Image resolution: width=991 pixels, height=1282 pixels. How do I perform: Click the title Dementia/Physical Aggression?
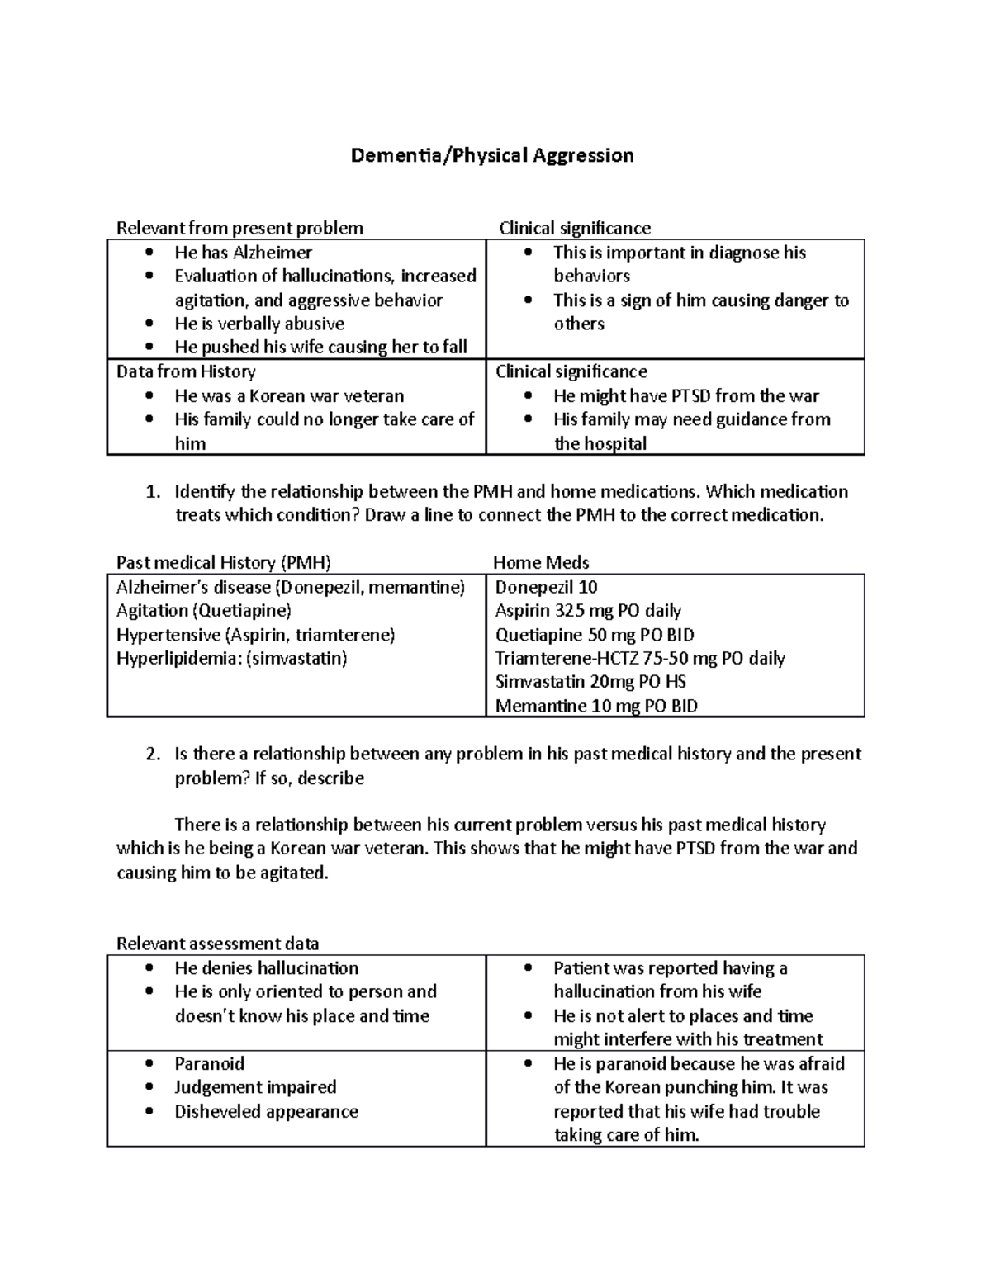pyautogui.click(x=492, y=155)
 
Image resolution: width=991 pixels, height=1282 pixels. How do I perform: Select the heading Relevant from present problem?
pyautogui.click(x=239, y=228)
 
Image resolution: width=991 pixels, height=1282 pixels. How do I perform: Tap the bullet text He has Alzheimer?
pyautogui.click(x=243, y=253)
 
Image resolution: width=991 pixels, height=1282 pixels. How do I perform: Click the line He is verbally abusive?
pyautogui.click(x=259, y=324)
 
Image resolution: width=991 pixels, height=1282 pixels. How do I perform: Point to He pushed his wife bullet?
pyautogui.click(x=320, y=348)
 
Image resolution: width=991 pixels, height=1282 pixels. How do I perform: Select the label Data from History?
pyautogui.click(x=186, y=371)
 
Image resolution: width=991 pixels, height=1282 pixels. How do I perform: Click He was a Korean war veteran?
pyautogui.click(x=289, y=395)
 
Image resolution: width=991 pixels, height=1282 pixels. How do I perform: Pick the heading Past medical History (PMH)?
pyautogui.click(x=224, y=563)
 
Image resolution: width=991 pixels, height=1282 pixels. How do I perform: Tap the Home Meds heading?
pyautogui.click(x=541, y=563)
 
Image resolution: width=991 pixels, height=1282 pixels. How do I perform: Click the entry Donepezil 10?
pyautogui.click(x=546, y=587)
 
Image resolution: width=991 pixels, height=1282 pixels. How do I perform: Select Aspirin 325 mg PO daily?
pyautogui.click(x=588, y=611)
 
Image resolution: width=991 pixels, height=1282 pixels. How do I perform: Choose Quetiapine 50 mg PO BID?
pyautogui.click(x=595, y=635)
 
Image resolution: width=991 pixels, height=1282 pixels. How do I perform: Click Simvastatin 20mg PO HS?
pyautogui.click(x=590, y=682)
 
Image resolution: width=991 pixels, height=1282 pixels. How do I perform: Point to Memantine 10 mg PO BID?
pyautogui.click(x=596, y=706)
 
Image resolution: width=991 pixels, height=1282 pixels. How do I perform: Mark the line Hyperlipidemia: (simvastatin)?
pyautogui.click(x=232, y=659)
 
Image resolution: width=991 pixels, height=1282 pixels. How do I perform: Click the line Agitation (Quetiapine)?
pyautogui.click(x=204, y=611)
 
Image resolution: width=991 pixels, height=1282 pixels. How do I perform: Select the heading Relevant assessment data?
pyautogui.click(x=218, y=944)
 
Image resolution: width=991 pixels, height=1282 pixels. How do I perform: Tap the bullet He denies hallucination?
pyautogui.click(x=266, y=968)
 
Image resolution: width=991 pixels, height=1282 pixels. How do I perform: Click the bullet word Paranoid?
pyautogui.click(x=209, y=1063)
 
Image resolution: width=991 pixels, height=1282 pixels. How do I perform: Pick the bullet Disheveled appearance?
pyautogui.click(x=266, y=1111)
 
